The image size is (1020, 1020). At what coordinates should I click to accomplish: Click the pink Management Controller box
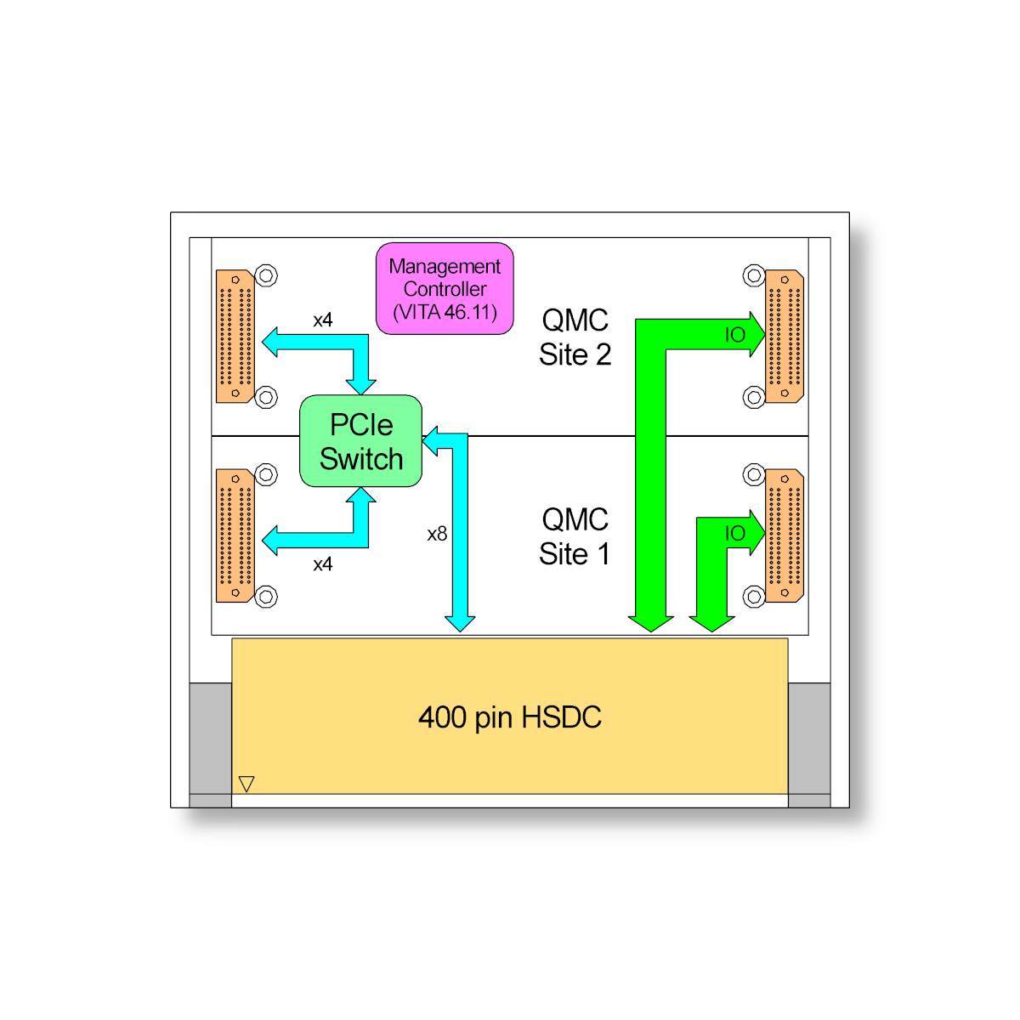tap(445, 289)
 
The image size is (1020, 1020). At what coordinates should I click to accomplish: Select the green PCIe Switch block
tap(361, 441)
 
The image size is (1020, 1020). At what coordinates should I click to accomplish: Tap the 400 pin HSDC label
tap(509, 717)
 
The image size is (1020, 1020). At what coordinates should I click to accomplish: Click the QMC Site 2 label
tap(575, 337)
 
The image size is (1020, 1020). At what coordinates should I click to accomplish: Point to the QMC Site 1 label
tap(575, 536)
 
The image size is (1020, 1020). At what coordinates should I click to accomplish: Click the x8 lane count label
tap(437, 534)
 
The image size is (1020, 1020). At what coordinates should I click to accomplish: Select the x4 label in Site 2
tap(323, 320)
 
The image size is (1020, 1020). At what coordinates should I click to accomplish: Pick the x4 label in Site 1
tap(323, 564)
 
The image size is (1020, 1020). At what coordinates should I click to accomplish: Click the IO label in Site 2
tap(735, 335)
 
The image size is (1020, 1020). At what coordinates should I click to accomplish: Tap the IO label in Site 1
tap(735, 534)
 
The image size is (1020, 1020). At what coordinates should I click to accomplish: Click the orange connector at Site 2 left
tap(235, 336)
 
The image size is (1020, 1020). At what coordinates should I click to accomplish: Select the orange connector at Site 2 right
tap(785, 336)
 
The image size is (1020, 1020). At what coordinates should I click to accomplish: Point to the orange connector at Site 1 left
tap(235, 535)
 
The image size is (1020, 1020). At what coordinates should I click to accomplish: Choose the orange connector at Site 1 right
tap(785, 535)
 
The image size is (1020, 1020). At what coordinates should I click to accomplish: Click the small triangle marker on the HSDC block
tap(246, 783)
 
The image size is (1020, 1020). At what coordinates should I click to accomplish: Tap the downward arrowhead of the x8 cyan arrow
tap(460, 623)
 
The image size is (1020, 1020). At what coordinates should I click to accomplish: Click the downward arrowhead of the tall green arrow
tap(651, 623)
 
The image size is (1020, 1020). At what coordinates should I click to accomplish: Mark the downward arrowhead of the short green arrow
tap(711, 623)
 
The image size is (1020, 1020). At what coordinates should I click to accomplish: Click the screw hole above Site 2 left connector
tap(267, 275)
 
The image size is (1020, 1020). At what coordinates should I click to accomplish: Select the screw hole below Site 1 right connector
tap(754, 597)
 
